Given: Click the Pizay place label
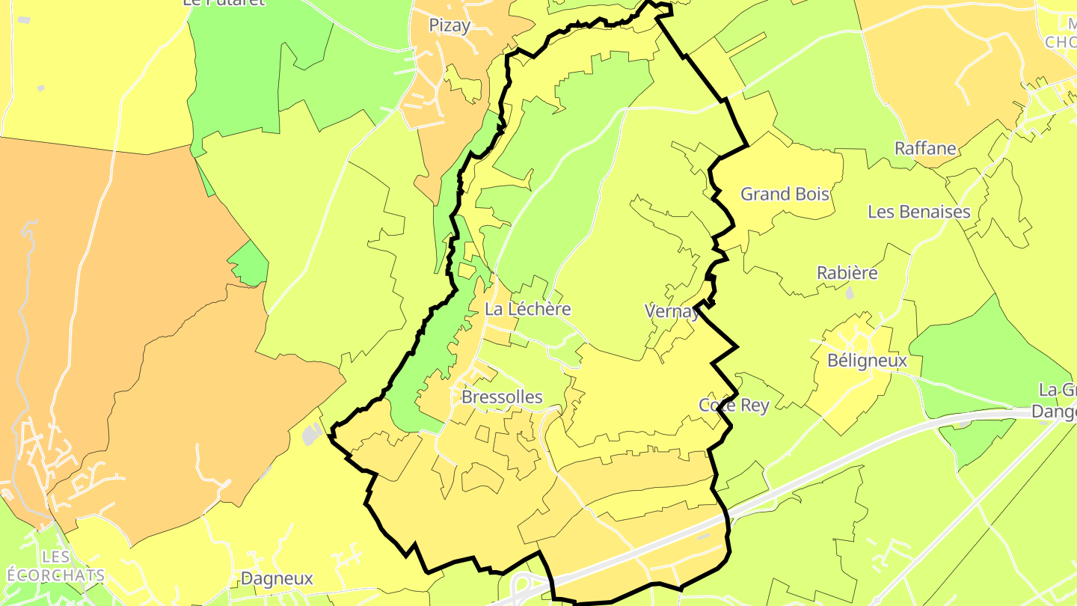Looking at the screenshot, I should (x=449, y=25).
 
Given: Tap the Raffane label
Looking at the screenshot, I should (x=925, y=148).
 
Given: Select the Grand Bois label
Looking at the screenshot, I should (x=785, y=194).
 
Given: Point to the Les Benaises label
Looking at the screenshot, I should (x=918, y=212).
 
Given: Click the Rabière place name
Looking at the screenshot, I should (x=847, y=273).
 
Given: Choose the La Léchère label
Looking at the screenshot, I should (x=527, y=308).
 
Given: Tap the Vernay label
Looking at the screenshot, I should (x=672, y=311).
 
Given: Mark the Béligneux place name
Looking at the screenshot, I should (x=867, y=361).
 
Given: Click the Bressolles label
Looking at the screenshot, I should (x=502, y=397).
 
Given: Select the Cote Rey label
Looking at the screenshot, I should (x=733, y=405).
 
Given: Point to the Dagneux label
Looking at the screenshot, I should (x=277, y=578).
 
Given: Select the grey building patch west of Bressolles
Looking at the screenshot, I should (x=311, y=434).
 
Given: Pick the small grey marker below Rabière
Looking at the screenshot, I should (x=849, y=293).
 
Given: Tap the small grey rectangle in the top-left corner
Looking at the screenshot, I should (x=23, y=19).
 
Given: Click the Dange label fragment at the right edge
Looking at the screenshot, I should (x=1054, y=411).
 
